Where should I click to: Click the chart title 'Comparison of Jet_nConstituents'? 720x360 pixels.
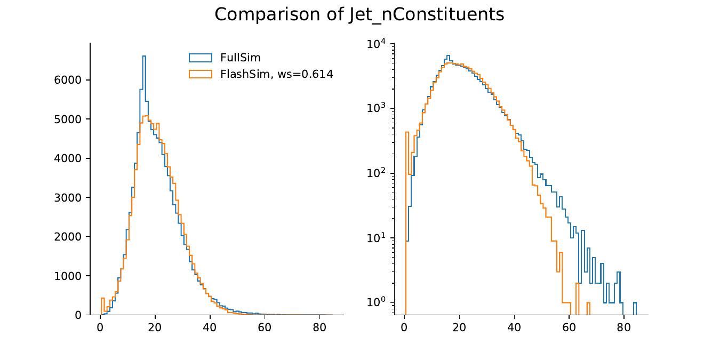[359, 14]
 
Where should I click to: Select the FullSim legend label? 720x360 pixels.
[240, 58]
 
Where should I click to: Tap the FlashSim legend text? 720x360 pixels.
[276, 74]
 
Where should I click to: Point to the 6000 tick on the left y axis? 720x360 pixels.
[68, 80]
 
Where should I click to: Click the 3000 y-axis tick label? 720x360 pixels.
[68, 198]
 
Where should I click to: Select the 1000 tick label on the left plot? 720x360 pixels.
[68, 276]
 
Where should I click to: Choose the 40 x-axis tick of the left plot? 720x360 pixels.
[210, 327]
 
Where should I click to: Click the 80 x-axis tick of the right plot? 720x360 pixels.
[624, 327]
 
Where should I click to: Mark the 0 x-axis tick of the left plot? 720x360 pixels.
[100, 327]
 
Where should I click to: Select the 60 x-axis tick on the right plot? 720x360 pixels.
[569, 327]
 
